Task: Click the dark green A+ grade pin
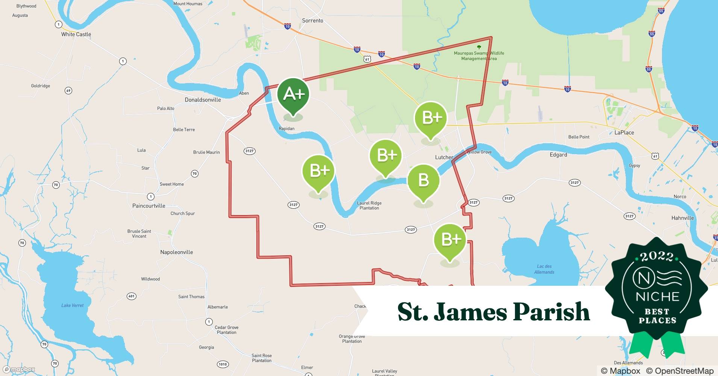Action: coord(293,94)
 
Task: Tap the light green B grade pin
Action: coord(423,180)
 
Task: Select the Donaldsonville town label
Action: coord(203,100)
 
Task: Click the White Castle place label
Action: coord(76,34)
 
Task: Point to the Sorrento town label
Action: coord(312,21)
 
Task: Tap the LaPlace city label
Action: coord(624,132)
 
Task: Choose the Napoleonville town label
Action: coord(176,252)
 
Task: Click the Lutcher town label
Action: coord(444,157)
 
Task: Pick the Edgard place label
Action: coord(558,155)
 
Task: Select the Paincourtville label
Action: coord(148,206)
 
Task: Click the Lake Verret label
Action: coord(73,305)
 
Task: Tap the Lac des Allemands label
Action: coord(544,269)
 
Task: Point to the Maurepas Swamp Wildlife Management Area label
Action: coord(479,56)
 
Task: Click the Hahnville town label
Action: coord(682,218)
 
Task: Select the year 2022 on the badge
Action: coord(657,256)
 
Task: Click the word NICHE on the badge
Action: coord(657,297)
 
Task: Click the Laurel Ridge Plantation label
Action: coord(369,205)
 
